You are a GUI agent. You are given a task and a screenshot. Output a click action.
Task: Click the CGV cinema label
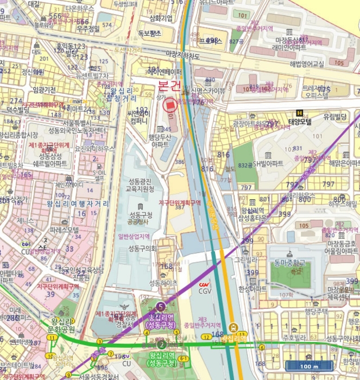coord(205,290)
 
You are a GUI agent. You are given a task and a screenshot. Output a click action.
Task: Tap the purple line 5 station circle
coord(160,307)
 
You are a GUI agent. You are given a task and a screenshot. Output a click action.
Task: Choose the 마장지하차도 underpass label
coord(175,54)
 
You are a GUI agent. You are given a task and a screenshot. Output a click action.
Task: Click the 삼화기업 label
coord(161,18)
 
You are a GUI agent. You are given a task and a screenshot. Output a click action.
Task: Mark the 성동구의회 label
coord(142,249)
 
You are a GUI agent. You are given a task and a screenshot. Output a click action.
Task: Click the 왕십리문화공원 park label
coord(61,325)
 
